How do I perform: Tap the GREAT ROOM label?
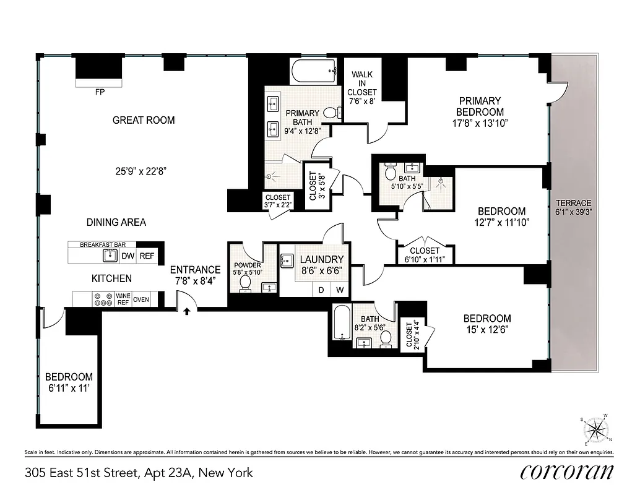(144, 120)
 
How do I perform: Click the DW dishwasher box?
(128, 256)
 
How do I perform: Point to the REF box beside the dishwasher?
(147, 256)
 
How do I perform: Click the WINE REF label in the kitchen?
(123, 299)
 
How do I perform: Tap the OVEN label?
(141, 299)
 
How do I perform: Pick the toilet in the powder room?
(244, 283)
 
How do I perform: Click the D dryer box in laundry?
(322, 290)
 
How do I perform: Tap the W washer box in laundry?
(340, 290)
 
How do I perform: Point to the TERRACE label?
(573, 207)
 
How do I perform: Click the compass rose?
(596, 429)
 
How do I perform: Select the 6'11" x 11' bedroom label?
(69, 382)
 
